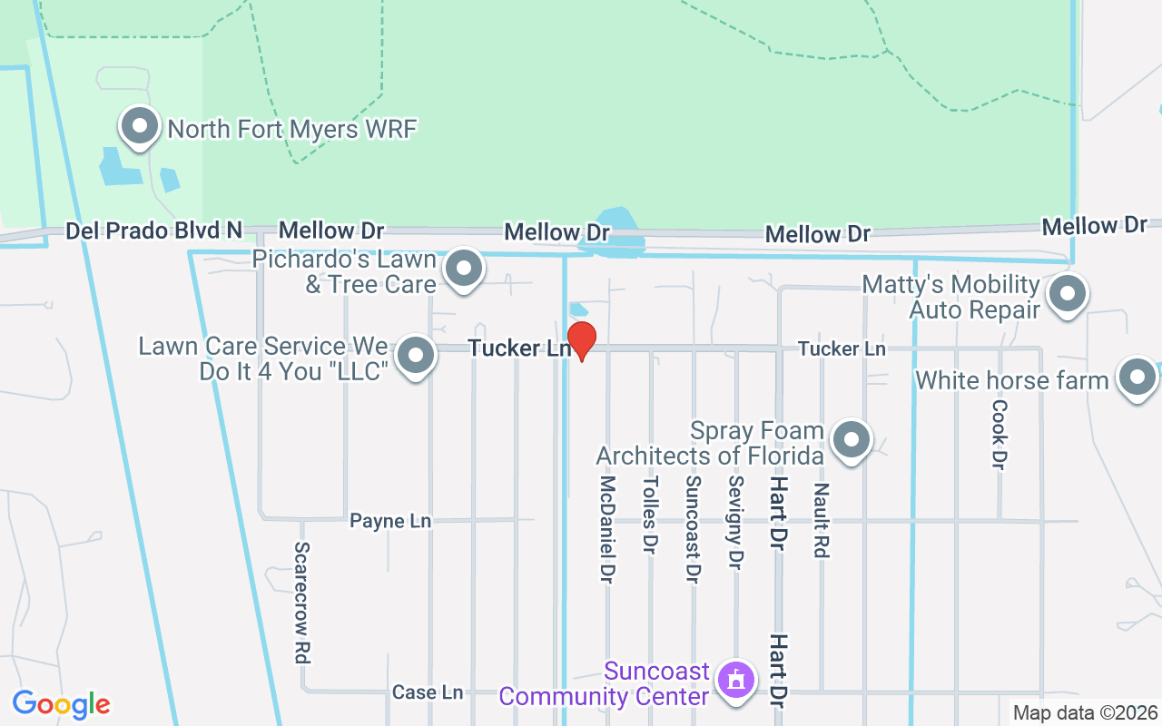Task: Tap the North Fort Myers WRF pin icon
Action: (x=140, y=128)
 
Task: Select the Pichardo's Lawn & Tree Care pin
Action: (x=465, y=270)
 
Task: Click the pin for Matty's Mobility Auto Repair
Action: (x=1068, y=295)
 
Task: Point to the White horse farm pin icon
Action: (x=1137, y=378)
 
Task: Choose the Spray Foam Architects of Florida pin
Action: (x=851, y=440)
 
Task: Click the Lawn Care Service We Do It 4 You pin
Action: (x=417, y=357)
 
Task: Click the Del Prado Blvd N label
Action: (x=154, y=231)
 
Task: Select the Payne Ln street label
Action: (x=390, y=521)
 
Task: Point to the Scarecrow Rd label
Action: (x=302, y=603)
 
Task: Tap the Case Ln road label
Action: (x=428, y=692)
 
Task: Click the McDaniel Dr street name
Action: (x=607, y=528)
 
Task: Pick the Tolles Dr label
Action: (x=649, y=515)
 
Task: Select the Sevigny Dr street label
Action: (x=735, y=522)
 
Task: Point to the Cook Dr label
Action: (x=1000, y=434)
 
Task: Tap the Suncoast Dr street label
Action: (x=693, y=529)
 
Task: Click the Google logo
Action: (x=62, y=704)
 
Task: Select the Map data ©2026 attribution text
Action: (x=1085, y=713)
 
